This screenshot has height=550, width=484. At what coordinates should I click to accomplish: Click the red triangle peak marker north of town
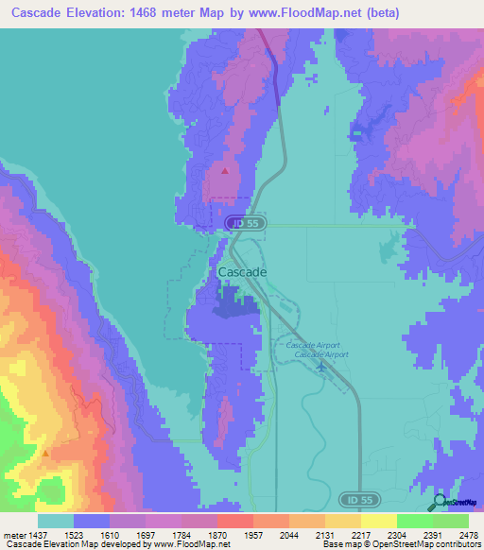(225, 171)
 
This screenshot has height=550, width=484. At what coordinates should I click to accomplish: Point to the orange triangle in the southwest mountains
(44, 453)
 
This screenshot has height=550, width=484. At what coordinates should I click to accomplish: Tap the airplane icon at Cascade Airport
(322, 367)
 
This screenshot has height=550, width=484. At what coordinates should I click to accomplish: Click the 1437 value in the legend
(38, 533)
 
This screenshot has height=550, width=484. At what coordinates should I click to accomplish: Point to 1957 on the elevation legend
(254, 533)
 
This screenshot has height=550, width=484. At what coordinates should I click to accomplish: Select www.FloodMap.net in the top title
(305, 13)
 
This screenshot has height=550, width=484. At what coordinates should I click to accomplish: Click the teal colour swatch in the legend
(56, 521)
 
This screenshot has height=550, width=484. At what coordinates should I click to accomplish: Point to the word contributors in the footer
(458, 544)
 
